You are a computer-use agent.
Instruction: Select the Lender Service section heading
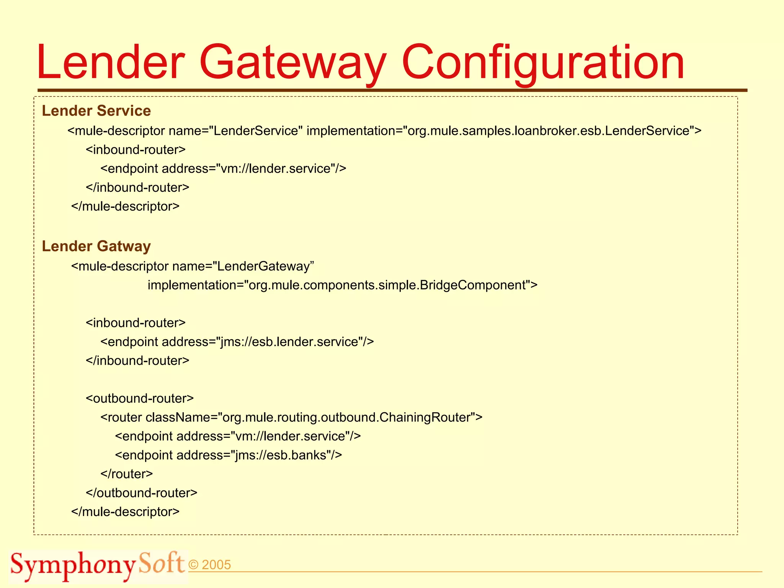coord(96,111)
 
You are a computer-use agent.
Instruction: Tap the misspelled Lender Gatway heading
coord(96,246)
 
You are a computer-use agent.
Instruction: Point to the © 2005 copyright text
coord(210,565)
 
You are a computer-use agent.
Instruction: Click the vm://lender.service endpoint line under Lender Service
coord(223,168)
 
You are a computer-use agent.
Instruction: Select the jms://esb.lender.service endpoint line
coord(237,341)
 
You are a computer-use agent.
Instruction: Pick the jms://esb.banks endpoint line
coord(228,455)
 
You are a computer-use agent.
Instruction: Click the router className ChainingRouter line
coord(291,417)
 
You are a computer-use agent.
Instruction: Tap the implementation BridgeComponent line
coord(343,285)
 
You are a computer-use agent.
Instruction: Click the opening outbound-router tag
coord(140,398)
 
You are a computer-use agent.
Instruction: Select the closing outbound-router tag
coord(141,493)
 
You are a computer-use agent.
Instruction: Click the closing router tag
coord(126,474)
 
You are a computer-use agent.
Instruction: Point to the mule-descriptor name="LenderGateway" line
coord(193,266)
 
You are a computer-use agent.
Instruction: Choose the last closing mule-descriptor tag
coord(125,511)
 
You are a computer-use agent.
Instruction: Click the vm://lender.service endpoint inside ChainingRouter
coord(238,436)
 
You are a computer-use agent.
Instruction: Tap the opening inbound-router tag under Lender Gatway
coord(136,323)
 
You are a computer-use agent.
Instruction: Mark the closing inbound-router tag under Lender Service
coord(137,187)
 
